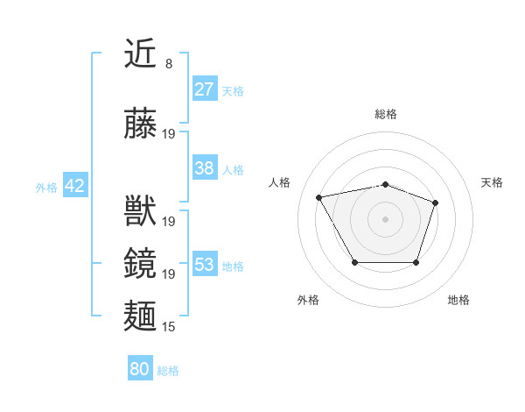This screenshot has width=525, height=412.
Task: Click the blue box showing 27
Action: pyautogui.click(x=204, y=89)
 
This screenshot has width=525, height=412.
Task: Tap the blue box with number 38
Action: pyautogui.click(x=204, y=168)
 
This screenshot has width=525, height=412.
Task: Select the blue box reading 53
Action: pyautogui.click(x=204, y=265)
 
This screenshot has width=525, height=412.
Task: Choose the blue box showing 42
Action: pyautogui.click(x=74, y=186)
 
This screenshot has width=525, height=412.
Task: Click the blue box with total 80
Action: pyautogui.click(x=140, y=369)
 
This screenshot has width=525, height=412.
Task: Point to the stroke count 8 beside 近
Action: pyautogui.click(x=168, y=64)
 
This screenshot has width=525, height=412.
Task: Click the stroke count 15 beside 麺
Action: pyautogui.click(x=169, y=327)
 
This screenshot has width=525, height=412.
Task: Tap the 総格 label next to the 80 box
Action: pyautogui.click(x=168, y=371)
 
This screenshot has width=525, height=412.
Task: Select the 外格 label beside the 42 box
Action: pyautogui.click(x=46, y=187)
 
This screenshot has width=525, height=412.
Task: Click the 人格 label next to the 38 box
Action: pyautogui.click(x=233, y=170)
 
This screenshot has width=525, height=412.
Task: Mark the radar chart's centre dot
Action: pyautogui.click(x=385, y=218)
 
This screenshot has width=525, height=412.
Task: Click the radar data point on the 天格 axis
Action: pyautogui.click(x=436, y=202)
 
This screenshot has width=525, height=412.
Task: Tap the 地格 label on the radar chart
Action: pyautogui.click(x=458, y=300)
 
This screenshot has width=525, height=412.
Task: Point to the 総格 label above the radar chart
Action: pyautogui.click(x=385, y=114)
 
